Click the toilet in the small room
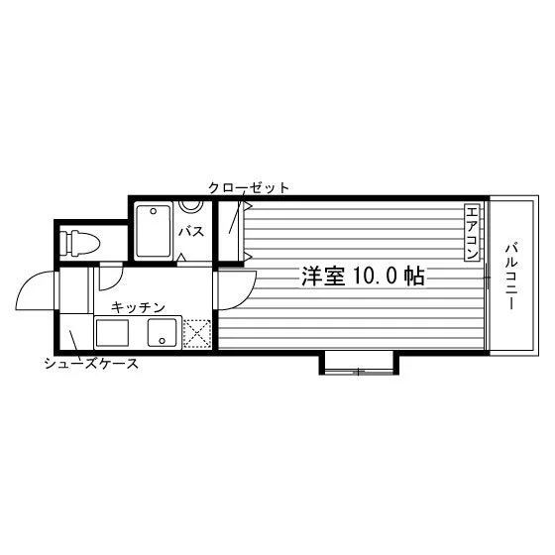click(79, 243)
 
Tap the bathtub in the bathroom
click(154, 230)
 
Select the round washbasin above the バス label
click(190, 206)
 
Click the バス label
click(191, 232)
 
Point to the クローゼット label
click(249, 187)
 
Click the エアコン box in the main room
click(472, 233)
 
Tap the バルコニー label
click(511, 277)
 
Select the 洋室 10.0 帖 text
click(363, 277)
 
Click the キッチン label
click(138, 307)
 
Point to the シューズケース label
click(91, 364)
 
